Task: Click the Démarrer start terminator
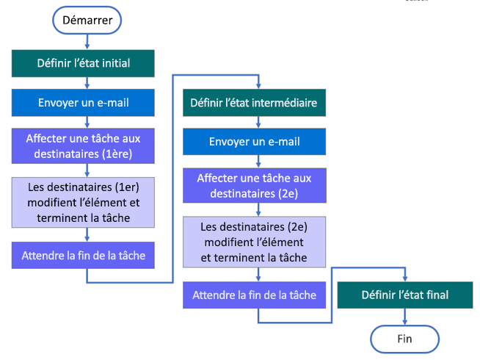pyautogui.click(x=86, y=21)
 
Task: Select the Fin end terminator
pyautogui.click(x=404, y=339)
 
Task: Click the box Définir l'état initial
pyautogui.click(x=84, y=63)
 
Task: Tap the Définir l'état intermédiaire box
pyautogui.click(x=254, y=103)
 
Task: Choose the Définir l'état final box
pyautogui.click(x=404, y=295)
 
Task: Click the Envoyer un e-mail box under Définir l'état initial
pyautogui.click(x=84, y=103)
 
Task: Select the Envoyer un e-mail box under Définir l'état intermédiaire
pyautogui.click(x=254, y=142)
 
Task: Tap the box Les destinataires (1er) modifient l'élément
pyautogui.click(x=84, y=201)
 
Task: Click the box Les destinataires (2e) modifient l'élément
pyautogui.click(x=254, y=241)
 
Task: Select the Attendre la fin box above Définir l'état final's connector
pyautogui.click(x=254, y=295)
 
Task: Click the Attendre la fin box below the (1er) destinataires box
pyautogui.click(x=84, y=256)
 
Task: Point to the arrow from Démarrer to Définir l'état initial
pyautogui.click(x=87, y=42)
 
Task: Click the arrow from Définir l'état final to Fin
pyautogui.click(x=405, y=317)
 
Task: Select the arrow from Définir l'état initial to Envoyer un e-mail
pyautogui.click(x=87, y=83)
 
